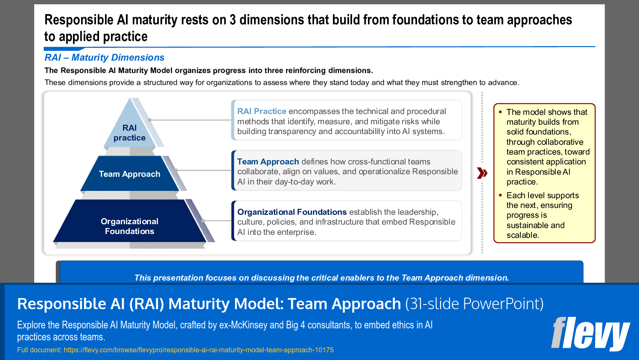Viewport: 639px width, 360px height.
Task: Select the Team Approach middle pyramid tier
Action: point(129,174)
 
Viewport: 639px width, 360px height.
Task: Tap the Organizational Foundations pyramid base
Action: point(129,226)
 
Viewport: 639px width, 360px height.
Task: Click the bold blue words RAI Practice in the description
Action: point(262,111)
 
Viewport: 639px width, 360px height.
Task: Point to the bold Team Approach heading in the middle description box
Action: point(268,162)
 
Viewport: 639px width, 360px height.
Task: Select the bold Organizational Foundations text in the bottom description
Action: point(292,212)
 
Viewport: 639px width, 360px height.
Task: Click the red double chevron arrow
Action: point(482,173)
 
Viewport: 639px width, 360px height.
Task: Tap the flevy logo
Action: point(590,333)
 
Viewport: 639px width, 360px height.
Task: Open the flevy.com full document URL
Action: point(198,350)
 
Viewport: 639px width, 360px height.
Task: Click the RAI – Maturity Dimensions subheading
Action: point(104,58)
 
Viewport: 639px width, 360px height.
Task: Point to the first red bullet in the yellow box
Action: point(500,112)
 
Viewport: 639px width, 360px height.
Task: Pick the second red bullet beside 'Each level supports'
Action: point(500,195)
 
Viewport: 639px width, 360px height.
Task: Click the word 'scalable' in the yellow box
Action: point(522,235)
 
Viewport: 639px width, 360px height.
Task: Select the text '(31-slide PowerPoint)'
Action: point(474,304)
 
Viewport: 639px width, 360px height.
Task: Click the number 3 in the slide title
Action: point(233,20)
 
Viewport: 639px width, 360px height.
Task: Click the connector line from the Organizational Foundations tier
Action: point(218,221)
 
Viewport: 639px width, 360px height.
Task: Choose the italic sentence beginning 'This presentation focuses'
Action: point(321,278)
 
